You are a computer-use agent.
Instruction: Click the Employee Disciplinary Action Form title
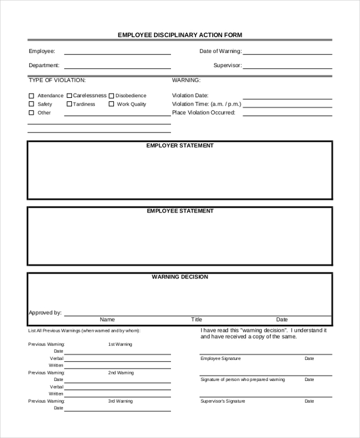coord(180,35)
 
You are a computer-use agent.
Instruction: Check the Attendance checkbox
coord(31,96)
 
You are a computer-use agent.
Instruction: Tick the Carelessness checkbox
coord(70,95)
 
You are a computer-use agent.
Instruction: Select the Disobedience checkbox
coord(111,95)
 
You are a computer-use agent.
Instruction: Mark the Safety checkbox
coord(31,104)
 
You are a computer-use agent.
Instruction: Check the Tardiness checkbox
coord(70,104)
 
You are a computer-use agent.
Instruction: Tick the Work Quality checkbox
coord(111,104)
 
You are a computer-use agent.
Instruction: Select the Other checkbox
coord(31,113)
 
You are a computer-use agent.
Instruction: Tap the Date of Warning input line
coord(287,53)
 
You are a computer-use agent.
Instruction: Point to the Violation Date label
coord(190,95)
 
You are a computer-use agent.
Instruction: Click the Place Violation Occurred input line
coord(287,114)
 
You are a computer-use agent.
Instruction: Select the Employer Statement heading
coord(180,146)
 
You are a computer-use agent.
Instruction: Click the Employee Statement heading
coord(180,211)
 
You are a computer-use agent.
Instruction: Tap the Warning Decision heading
coord(180,277)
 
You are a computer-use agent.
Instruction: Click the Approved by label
coord(45,313)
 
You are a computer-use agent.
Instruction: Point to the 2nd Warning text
coord(121,373)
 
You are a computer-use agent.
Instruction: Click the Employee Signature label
coord(220,359)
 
